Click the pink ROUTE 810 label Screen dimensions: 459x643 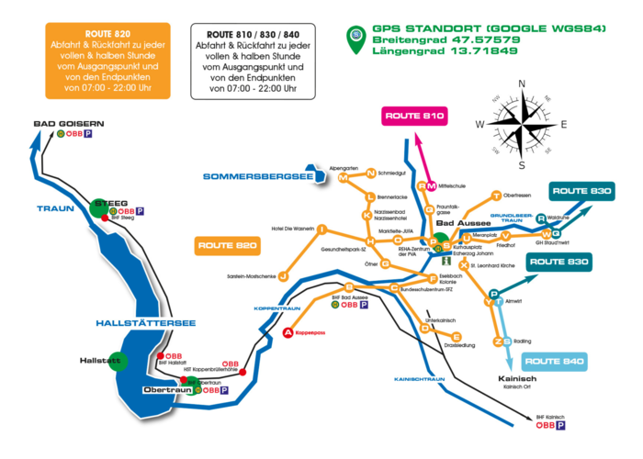pyautogui.click(x=415, y=117)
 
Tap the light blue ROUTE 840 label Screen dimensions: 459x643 pyautogui.click(x=556, y=362)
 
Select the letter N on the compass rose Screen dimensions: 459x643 pyautogui.click(x=522, y=84)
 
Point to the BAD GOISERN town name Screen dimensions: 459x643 pyautogui.click(x=69, y=123)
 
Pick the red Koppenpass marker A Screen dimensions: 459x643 pyautogui.click(x=288, y=332)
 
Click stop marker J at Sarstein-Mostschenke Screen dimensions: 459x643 pyautogui.click(x=284, y=275)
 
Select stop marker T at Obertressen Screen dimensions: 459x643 pyautogui.click(x=497, y=195)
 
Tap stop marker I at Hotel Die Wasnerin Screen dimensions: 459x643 pyautogui.click(x=322, y=228)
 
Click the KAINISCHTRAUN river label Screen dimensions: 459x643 pyautogui.click(x=419, y=378)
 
